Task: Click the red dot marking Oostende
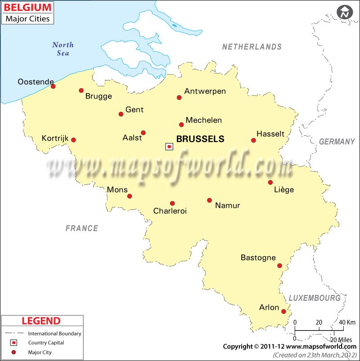pyautogui.click(x=53, y=86)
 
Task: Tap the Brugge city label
pyautogui.click(x=98, y=96)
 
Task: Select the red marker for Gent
pyautogui.click(x=121, y=114)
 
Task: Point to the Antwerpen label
pyautogui.click(x=205, y=91)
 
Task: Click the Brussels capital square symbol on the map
pyautogui.click(x=169, y=146)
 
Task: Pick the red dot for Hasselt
pyautogui.click(x=253, y=140)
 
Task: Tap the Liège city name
pyautogui.click(x=283, y=190)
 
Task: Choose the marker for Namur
pyautogui.click(x=209, y=200)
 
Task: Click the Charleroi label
pyautogui.click(x=170, y=211)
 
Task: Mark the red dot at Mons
pyautogui.click(x=130, y=196)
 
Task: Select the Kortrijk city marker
pyautogui.click(x=73, y=140)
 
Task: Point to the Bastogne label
pyautogui.click(x=258, y=258)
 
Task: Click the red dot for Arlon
pyautogui.click(x=283, y=312)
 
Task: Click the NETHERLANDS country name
pyautogui.click(x=252, y=47)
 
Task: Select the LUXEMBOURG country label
pyautogui.click(x=314, y=298)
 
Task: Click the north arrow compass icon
pyautogui.click(x=345, y=12)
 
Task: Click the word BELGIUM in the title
pyautogui.click(x=27, y=8)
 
